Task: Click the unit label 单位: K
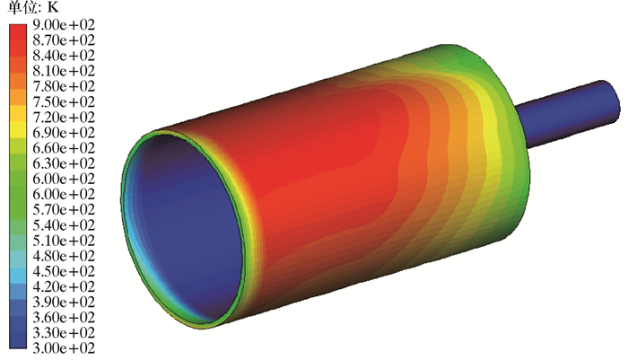pos(33,7)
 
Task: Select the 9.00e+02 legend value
pos(64,25)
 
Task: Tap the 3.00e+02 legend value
pos(64,348)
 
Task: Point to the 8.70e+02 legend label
pos(64,40)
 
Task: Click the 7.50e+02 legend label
pos(64,101)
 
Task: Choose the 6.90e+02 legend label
pos(64,133)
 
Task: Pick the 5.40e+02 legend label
pos(64,225)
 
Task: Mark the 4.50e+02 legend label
pos(64,271)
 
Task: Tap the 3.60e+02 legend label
pos(64,317)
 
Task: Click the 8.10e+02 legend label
pos(64,71)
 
